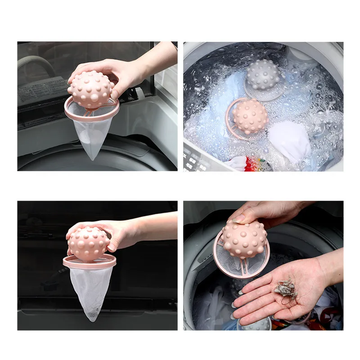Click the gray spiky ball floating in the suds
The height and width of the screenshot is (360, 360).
click(x=263, y=75)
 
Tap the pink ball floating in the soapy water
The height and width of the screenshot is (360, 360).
click(x=250, y=116)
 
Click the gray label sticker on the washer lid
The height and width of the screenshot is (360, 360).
click(x=43, y=90)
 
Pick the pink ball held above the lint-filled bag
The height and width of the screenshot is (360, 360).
click(x=89, y=243)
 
